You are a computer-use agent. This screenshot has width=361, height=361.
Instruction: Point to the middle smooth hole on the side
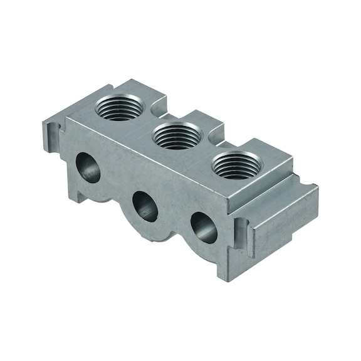[x=145, y=205]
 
